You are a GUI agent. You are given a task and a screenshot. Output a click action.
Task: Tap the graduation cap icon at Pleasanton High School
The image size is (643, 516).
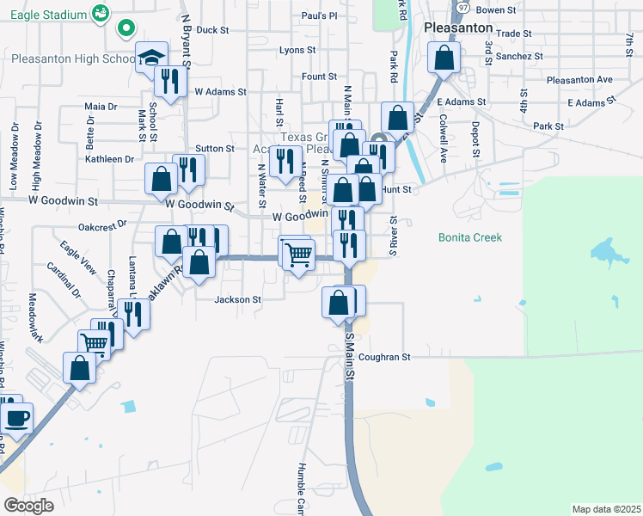click(x=152, y=58)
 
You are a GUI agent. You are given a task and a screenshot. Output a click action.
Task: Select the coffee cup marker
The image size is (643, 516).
click(x=16, y=419)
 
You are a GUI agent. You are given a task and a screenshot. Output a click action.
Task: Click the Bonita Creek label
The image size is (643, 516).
click(x=469, y=237)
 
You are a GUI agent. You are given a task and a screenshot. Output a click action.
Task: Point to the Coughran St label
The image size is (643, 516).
click(x=385, y=356)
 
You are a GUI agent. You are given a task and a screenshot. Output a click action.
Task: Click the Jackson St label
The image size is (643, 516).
click(x=237, y=299)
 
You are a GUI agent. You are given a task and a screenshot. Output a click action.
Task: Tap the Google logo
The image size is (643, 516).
click(x=28, y=505)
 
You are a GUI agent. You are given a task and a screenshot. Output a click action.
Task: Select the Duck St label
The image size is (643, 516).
click(x=212, y=29)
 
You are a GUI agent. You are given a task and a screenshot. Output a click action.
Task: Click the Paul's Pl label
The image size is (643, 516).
click(x=319, y=15)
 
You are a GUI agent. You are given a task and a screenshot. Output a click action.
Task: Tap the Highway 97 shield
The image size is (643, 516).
click(x=462, y=7)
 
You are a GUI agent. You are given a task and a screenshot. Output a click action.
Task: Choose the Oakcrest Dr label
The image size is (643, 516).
click(x=102, y=224)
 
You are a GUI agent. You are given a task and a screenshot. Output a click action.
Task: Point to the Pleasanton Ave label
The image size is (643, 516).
click(x=579, y=80)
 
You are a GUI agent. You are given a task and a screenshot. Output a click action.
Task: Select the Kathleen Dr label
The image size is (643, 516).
click(x=109, y=159)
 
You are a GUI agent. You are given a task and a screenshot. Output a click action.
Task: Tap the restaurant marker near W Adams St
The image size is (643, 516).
click(x=169, y=81)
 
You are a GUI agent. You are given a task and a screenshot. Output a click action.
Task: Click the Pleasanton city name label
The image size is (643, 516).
click(x=457, y=28)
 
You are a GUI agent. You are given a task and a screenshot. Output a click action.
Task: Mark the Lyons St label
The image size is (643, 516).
click(x=298, y=51)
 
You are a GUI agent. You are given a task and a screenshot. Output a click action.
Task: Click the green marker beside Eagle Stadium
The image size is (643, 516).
click(x=126, y=28)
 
